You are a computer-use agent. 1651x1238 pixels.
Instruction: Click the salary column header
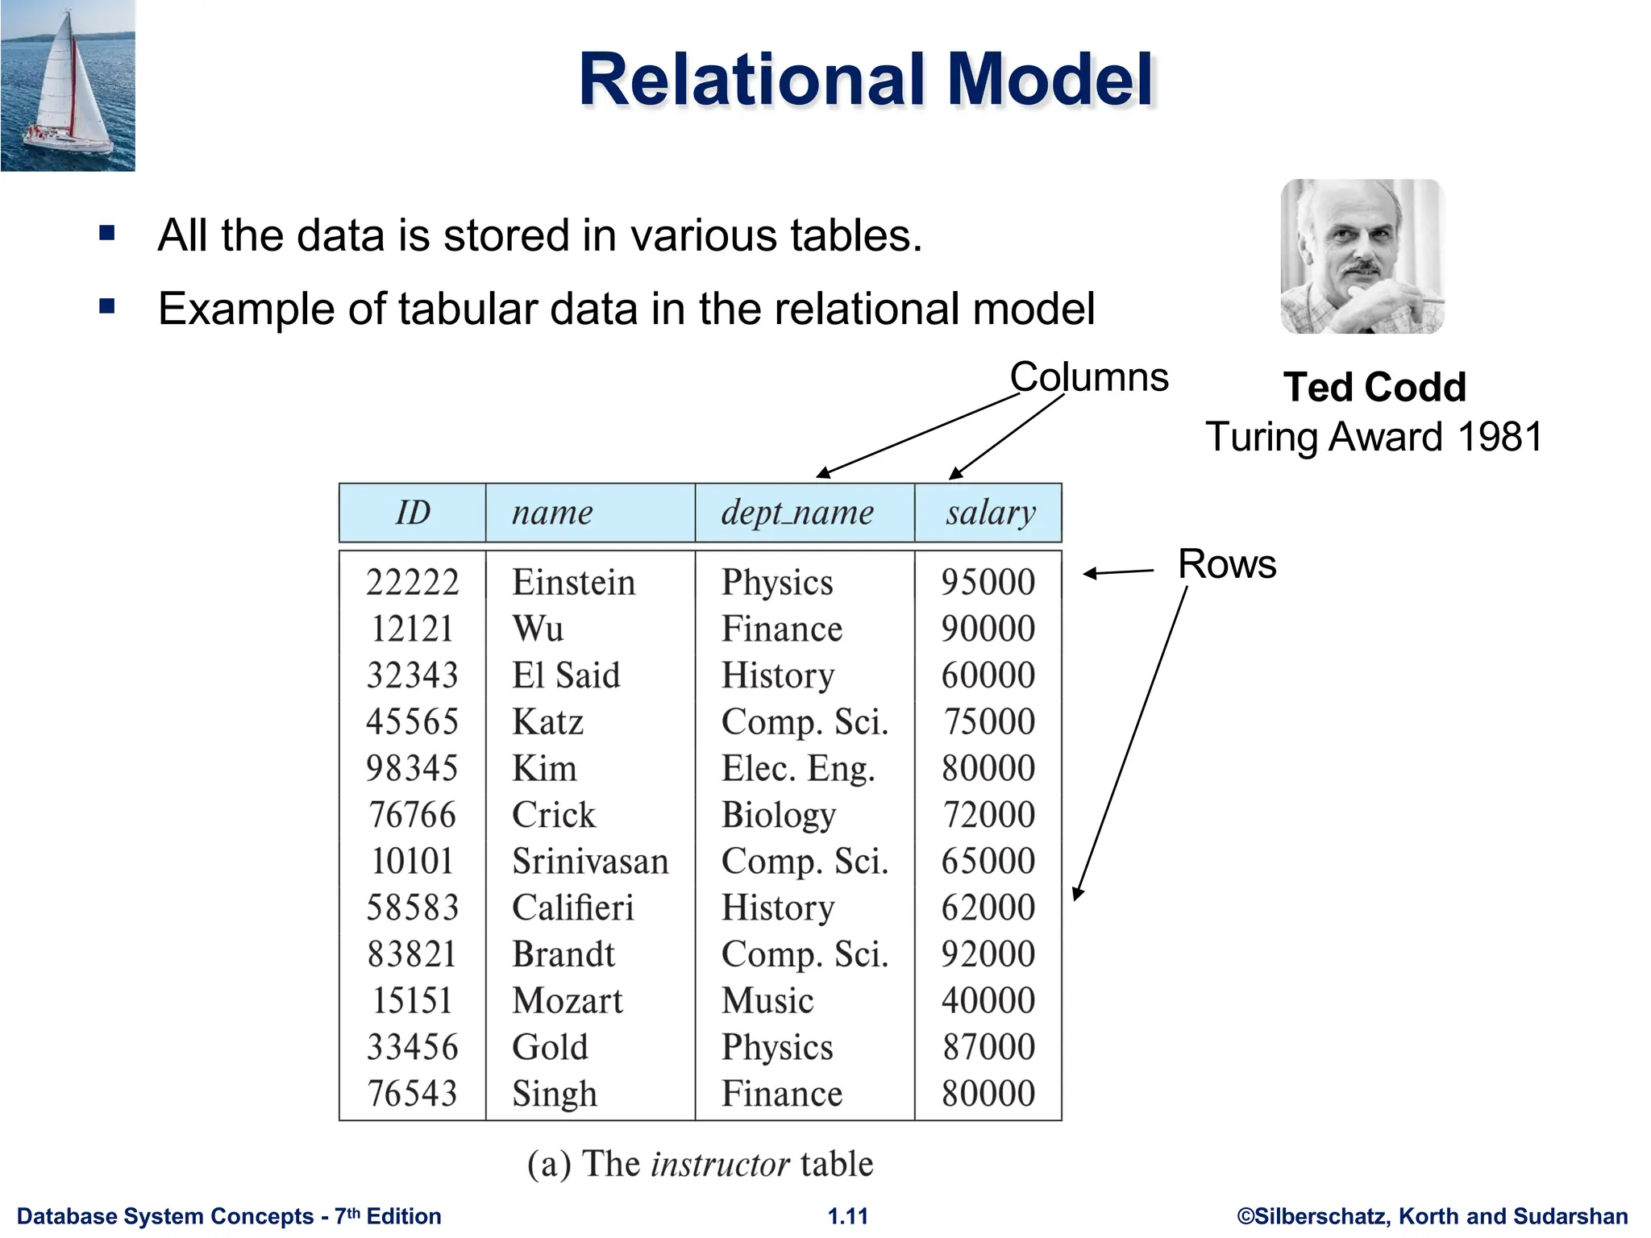click(990, 513)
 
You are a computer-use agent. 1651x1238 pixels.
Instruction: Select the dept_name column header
click(796, 513)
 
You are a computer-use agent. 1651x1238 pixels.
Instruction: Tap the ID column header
click(412, 513)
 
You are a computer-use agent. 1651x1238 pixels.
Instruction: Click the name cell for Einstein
click(573, 583)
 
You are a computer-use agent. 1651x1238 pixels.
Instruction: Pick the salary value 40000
click(988, 1001)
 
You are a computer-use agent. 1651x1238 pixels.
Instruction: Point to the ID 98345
click(412, 768)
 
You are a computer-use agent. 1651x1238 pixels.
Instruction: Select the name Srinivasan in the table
click(590, 862)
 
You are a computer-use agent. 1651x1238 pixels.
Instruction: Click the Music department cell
click(767, 1001)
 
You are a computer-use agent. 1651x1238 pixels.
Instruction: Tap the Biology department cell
click(778, 815)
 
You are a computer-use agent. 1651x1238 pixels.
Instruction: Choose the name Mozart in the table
click(568, 1001)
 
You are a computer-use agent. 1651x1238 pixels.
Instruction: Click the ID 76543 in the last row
click(412, 1094)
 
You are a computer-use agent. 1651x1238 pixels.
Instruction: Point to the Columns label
click(1088, 377)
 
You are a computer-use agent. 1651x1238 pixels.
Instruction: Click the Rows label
click(1226, 563)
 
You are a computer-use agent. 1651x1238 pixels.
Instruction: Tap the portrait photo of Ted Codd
click(1362, 256)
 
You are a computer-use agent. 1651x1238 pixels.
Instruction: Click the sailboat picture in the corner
click(68, 85)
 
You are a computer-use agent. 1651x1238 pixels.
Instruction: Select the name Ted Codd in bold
click(1374, 388)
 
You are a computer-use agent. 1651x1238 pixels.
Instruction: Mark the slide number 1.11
click(848, 1216)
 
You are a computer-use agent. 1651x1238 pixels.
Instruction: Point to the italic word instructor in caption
click(720, 1164)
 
